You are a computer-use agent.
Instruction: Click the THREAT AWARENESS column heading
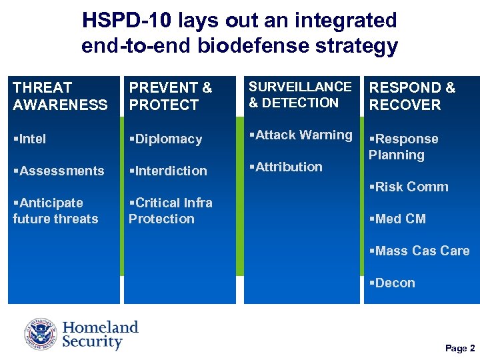[60, 96]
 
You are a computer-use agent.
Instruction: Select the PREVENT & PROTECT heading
[170, 96]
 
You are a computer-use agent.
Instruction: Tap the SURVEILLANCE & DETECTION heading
[300, 95]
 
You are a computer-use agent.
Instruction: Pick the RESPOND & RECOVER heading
[412, 96]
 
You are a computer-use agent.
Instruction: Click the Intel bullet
[30, 139]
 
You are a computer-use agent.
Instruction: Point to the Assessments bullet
[59, 171]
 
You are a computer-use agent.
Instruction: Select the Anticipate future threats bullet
[55, 211]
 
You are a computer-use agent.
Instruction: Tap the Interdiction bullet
[168, 171]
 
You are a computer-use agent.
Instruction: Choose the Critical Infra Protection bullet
[170, 211]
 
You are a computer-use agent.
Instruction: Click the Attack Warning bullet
[301, 135]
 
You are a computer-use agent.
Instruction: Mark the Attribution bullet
[285, 167]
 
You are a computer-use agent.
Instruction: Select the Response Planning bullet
[403, 147]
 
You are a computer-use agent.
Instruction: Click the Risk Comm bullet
[409, 187]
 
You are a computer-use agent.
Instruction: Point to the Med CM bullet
[397, 219]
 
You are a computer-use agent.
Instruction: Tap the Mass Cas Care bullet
[419, 251]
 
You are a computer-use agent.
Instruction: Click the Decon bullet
[392, 283]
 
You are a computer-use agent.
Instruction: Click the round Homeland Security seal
[41, 335]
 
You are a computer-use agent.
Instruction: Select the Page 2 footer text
[460, 348]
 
